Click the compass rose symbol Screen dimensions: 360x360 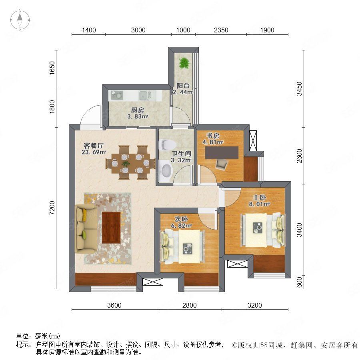[20, 20]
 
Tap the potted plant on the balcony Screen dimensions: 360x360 [184, 63]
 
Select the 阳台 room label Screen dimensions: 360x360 [183, 86]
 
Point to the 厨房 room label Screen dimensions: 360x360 [138, 110]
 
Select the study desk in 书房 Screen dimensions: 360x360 [222, 153]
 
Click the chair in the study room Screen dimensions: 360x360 [222, 164]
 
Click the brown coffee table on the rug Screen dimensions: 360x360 [111, 228]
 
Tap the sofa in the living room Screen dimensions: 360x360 [86, 228]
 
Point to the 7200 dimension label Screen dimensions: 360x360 [52, 208]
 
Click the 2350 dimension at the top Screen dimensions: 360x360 [221, 30]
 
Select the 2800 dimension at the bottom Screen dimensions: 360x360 [190, 305]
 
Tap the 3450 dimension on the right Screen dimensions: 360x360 [299, 89]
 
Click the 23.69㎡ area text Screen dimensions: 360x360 [94, 152]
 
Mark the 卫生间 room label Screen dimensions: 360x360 [181, 154]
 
